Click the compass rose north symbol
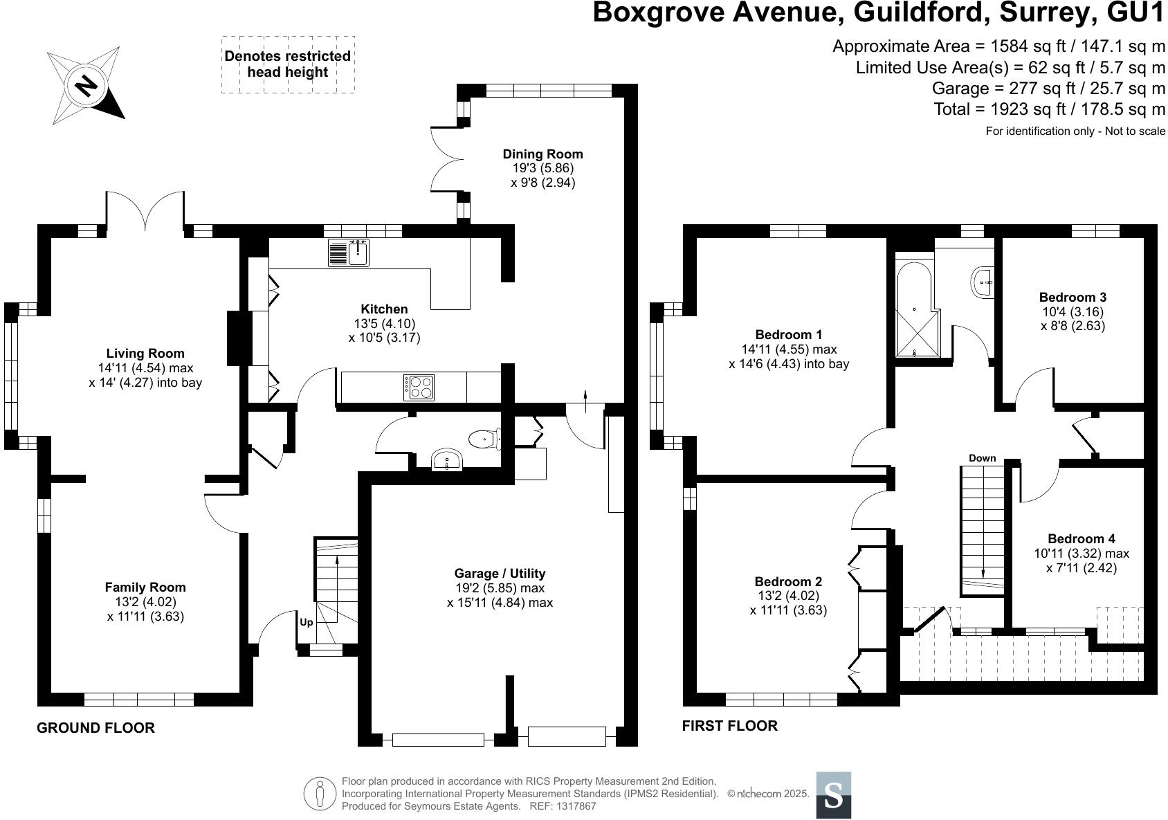[86, 86]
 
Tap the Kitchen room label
[384, 309]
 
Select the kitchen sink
[349, 253]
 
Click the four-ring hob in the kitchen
[419, 388]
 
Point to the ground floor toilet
[482, 438]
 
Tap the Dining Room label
[542, 154]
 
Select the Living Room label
[145, 354]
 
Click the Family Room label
[145, 587]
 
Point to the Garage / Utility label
[500, 574]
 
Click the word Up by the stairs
[306, 622]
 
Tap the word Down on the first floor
[982, 458]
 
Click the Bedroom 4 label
[1081, 539]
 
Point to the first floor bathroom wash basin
[983, 282]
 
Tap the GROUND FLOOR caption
[95, 728]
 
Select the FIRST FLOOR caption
[729, 726]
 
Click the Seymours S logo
[834, 795]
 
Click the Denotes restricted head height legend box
[288, 64]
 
